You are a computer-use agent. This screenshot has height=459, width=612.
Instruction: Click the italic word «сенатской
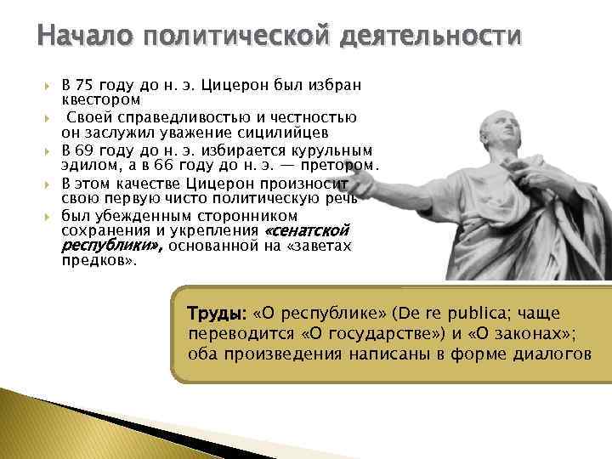tap(308, 230)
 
